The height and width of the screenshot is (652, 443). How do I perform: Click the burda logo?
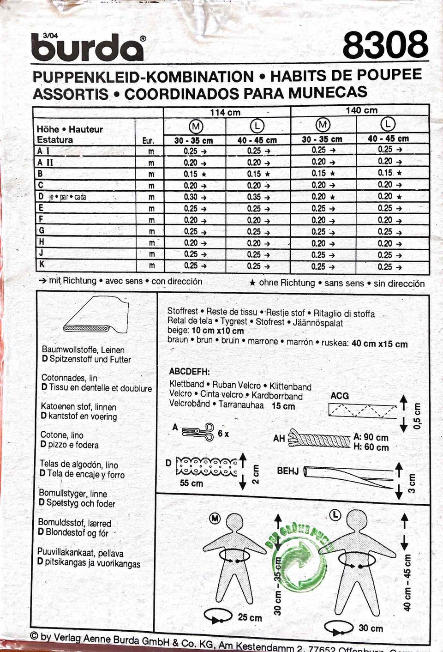tap(88, 48)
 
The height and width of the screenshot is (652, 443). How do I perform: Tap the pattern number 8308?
tap(385, 45)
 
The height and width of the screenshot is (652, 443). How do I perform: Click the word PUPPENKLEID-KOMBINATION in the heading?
tap(143, 77)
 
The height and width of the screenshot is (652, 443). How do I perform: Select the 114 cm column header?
tap(225, 112)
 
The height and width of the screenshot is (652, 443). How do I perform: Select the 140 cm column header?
tap(361, 110)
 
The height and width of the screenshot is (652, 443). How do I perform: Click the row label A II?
tap(45, 162)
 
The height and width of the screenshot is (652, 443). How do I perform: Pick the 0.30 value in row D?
tap(191, 197)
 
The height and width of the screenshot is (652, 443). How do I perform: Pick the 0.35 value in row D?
tap(254, 197)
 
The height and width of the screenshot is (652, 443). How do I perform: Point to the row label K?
tap(42, 265)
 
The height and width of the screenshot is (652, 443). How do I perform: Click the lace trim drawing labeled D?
tap(207, 466)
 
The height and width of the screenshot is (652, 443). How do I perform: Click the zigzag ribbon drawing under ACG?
tap(362, 410)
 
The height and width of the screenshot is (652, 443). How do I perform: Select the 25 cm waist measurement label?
tap(250, 617)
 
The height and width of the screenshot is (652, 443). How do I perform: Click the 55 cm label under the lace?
tap(191, 483)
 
